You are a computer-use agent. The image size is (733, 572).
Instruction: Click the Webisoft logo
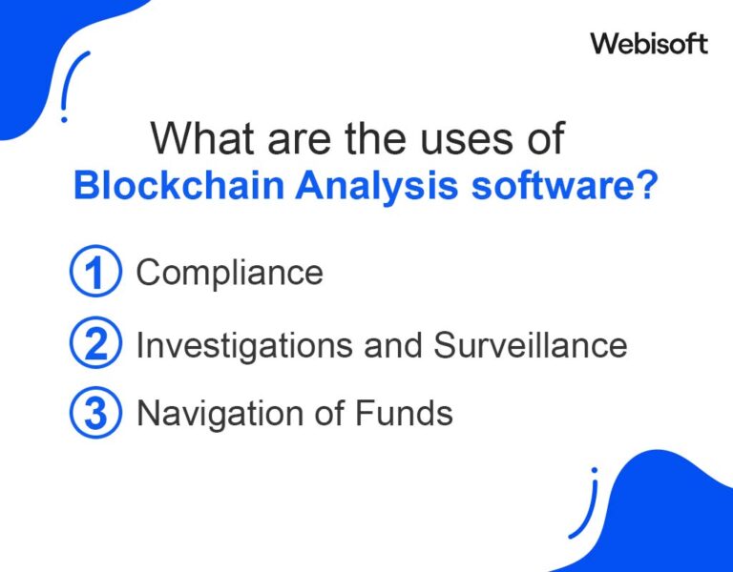(x=649, y=43)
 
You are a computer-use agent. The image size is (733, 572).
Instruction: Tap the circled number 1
(x=95, y=274)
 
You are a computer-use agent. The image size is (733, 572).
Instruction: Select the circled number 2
(x=95, y=344)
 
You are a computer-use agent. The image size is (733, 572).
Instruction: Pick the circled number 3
(x=95, y=414)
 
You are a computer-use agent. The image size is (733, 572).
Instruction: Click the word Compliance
(x=230, y=274)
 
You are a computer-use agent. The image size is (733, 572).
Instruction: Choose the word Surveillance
(x=531, y=344)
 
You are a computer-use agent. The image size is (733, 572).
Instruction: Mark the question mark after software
(x=647, y=186)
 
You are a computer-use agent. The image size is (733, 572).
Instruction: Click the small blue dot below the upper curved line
(x=64, y=119)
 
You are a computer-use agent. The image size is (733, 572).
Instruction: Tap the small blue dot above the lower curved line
(x=594, y=470)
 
